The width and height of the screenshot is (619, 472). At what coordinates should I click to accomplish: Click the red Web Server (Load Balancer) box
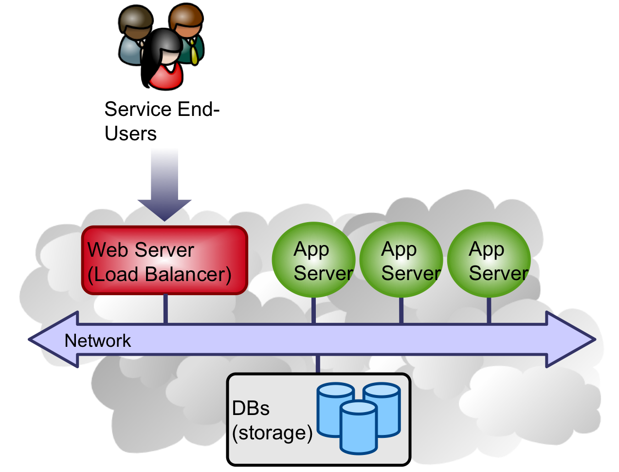click(x=164, y=261)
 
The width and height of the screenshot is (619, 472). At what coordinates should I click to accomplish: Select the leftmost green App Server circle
click(x=313, y=260)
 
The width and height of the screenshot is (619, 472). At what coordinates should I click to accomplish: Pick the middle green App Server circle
click(x=401, y=260)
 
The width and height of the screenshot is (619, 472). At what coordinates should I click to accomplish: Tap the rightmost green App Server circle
click(x=489, y=260)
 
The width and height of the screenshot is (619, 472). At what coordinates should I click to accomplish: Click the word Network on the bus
click(x=98, y=340)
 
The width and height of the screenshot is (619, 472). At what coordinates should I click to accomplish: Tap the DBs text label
click(x=251, y=408)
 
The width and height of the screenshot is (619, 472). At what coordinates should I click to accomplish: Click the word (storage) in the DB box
click(x=272, y=433)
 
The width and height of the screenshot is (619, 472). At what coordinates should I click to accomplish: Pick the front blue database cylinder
click(x=359, y=428)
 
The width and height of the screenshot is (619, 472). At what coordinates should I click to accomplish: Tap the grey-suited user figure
click(x=134, y=37)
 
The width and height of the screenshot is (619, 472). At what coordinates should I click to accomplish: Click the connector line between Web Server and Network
click(x=165, y=309)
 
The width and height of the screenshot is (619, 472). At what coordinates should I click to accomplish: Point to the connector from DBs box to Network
click(x=318, y=365)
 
